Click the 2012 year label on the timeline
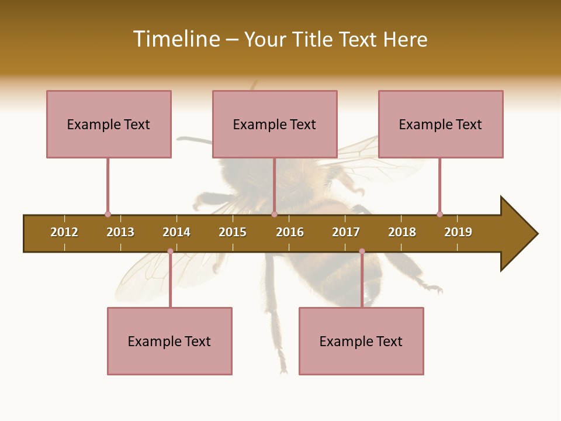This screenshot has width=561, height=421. (64, 232)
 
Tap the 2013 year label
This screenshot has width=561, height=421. (120, 232)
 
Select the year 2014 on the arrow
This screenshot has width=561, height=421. (176, 232)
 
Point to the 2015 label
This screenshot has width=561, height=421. (233, 232)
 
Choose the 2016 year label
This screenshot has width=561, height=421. (290, 232)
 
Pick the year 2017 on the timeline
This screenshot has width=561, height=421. (346, 232)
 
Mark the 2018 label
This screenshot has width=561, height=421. (402, 232)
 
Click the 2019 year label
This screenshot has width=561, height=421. (458, 232)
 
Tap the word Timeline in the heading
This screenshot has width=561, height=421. (175, 39)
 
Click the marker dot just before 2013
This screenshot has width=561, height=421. (108, 214)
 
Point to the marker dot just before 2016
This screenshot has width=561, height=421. (274, 214)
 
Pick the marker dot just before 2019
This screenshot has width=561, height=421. (439, 214)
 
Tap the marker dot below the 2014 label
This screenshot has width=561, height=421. (170, 251)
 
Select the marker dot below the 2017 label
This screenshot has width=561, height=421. (362, 251)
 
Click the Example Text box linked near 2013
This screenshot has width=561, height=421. (109, 124)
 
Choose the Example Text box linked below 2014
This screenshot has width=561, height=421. (169, 341)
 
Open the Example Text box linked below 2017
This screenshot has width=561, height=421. (361, 341)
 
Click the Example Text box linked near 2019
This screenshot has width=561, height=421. (441, 124)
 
